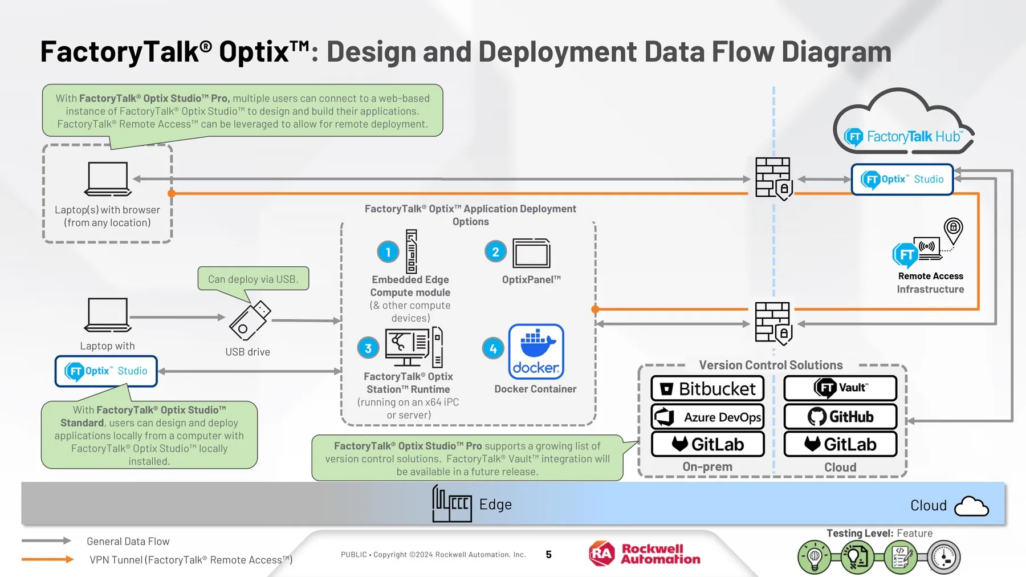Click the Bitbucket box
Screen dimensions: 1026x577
click(707, 388)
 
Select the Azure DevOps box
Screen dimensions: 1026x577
click(707, 417)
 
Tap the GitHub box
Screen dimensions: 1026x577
click(840, 417)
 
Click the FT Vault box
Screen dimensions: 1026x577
click(840, 388)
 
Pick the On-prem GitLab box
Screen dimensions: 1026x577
click(707, 444)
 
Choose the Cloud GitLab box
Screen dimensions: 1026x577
click(840, 444)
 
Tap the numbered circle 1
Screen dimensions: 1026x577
click(388, 251)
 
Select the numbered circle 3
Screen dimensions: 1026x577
click(368, 348)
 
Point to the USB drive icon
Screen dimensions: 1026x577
click(250, 320)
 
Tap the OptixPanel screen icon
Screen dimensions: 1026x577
click(531, 253)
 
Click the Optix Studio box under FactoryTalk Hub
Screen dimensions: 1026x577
click(902, 179)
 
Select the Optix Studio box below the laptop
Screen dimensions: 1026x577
click(106, 371)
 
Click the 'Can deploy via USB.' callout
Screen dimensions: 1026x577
click(253, 279)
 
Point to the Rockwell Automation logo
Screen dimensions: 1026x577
click(645, 554)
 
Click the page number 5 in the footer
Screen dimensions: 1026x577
click(548, 554)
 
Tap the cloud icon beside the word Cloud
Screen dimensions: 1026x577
click(971, 506)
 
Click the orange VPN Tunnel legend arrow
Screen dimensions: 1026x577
click(48, 559)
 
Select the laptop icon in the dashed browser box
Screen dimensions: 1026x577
click(108, 179)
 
